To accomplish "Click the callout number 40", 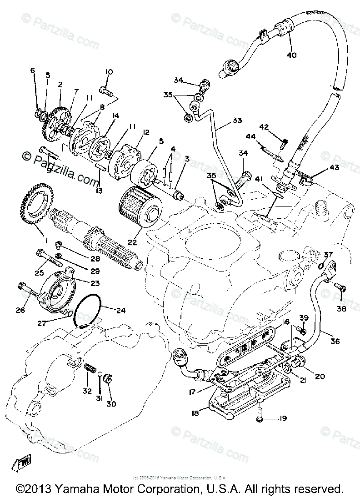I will click(x=291, y=55).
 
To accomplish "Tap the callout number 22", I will click(x=131, y=243).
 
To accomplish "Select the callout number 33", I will click(x=237, y=121).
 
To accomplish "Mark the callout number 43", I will click(x=335, y=168).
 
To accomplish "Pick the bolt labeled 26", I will click(x=25, y=289).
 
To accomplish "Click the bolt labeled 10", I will click(x=104, y=92).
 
